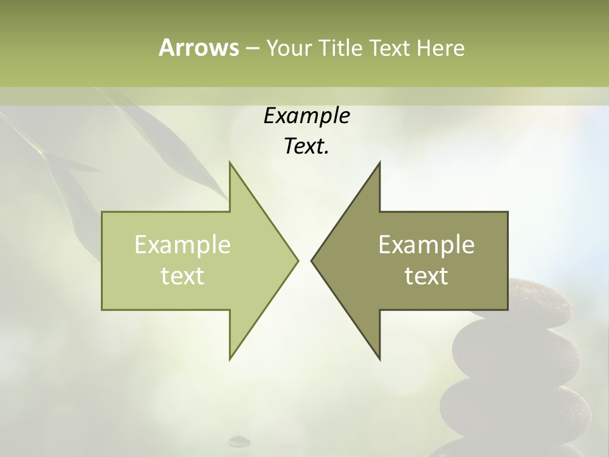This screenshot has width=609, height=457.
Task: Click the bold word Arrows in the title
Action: pos(198,48)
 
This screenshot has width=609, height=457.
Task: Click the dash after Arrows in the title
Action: pos(252,48)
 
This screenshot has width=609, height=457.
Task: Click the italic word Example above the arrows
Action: pos(306,116)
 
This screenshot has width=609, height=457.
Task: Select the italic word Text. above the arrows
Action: pos(306,147)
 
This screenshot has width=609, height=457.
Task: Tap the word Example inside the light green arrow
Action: pos(183,245)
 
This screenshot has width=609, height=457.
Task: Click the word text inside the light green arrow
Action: pos(183,275)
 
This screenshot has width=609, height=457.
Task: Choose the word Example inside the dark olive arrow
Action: pos(426,245)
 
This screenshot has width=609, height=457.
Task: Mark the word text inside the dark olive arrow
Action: pos(426,275)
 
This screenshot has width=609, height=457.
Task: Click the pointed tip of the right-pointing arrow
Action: pos(297,260)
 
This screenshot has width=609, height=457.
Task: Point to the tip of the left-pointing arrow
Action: pos(313,260)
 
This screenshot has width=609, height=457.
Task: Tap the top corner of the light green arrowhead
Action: pos(230,164)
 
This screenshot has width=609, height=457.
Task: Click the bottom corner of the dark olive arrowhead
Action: pos(379,359)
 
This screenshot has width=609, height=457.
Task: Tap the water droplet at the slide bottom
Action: pos(239,440)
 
